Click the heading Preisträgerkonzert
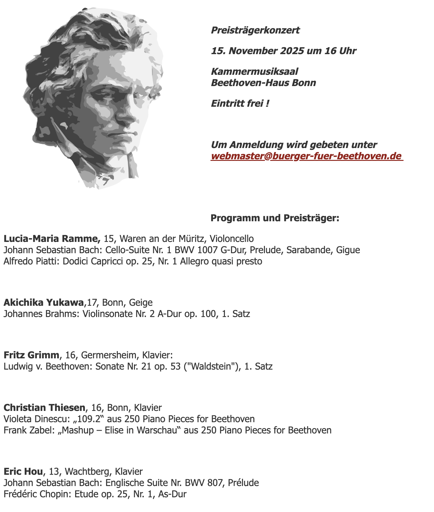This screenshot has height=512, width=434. coord(255,30)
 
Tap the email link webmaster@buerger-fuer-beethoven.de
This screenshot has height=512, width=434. coord(306,156)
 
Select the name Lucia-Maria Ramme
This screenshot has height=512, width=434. coord(52,239)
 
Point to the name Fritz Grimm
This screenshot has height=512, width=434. coord(31,355)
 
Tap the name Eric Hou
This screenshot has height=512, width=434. coord(23,472)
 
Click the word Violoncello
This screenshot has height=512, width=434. coord(232,239)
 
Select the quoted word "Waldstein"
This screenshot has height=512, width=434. coord(215,366)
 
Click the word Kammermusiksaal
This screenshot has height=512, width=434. coord(255,72)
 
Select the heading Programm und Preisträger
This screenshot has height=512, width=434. coord(275,218)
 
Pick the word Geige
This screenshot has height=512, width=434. coord(141,303)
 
